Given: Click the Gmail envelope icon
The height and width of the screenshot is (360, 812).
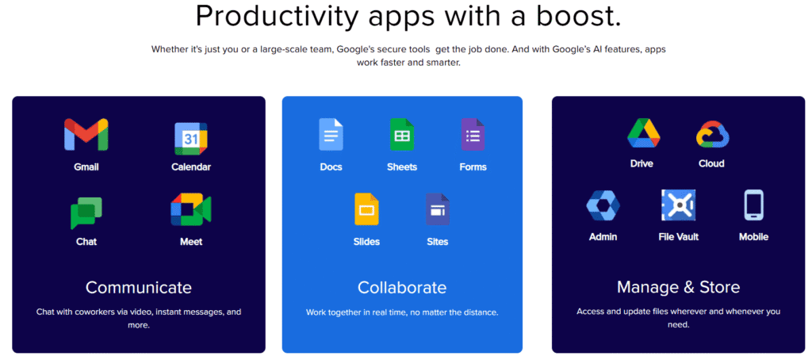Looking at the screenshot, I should (86, 135).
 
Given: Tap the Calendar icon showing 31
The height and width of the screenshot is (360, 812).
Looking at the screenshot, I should (191, 138).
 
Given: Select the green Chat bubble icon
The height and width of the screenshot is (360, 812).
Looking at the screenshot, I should (86, 213).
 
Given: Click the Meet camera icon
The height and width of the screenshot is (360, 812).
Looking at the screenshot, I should (191, 210).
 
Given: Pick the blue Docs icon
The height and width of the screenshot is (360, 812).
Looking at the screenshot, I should (331, 135).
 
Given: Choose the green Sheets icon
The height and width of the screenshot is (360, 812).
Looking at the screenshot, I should (401, 135).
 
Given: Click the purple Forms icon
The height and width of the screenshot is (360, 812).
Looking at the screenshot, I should (473, 135).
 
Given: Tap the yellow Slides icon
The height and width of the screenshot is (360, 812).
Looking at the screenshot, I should (366, 209).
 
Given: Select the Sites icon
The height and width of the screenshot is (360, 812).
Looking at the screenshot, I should (437, 209).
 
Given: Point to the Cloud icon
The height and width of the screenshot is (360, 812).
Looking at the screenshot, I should (711, 134).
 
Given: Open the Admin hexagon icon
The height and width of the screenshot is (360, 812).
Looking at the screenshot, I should (603, 205).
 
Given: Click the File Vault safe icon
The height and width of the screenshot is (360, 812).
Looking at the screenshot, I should (678, 205).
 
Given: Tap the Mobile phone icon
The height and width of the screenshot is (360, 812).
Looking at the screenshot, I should (753, 205).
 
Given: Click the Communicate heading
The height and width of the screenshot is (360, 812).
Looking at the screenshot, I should (139, 287).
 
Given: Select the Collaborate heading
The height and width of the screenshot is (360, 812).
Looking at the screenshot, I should (402, 287).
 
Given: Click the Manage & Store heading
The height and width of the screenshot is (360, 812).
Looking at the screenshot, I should (678, 287).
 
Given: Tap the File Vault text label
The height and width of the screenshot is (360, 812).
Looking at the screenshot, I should (678, 236).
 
